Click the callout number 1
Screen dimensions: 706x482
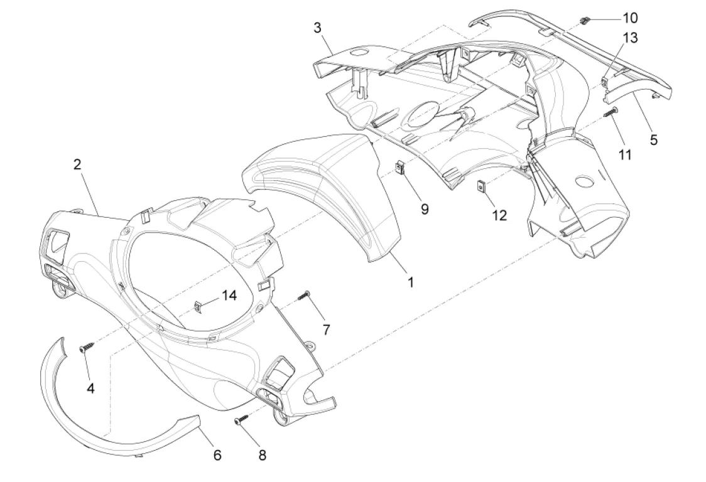pos(410,282)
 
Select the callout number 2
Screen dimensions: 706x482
pos(77,164)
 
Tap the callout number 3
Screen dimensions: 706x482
pos(317,28)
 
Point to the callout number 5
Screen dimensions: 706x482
pos(653,140)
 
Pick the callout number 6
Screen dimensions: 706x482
pos(217,455)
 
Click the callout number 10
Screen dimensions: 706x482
pos(630,18)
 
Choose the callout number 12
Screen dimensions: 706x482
pos(499,215)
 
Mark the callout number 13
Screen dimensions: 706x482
pos(630,38)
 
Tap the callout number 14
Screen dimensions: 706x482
pos(229,295)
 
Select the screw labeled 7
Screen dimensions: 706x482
pos(305,295)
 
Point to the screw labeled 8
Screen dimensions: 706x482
pos(241,419)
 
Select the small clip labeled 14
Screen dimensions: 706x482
pos(198,306)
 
